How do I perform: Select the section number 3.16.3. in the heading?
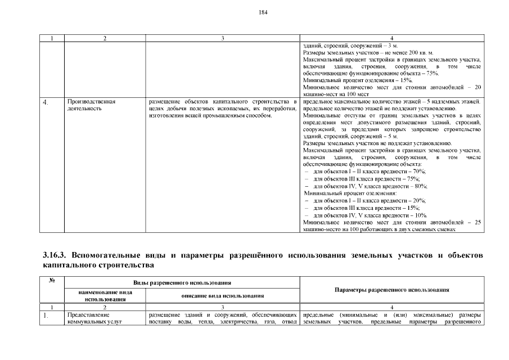[57, 255]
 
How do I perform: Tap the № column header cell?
[51, 279]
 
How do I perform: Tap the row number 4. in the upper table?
[46, 102]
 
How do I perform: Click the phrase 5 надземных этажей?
[458, 101]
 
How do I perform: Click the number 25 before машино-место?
[478, 222]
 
